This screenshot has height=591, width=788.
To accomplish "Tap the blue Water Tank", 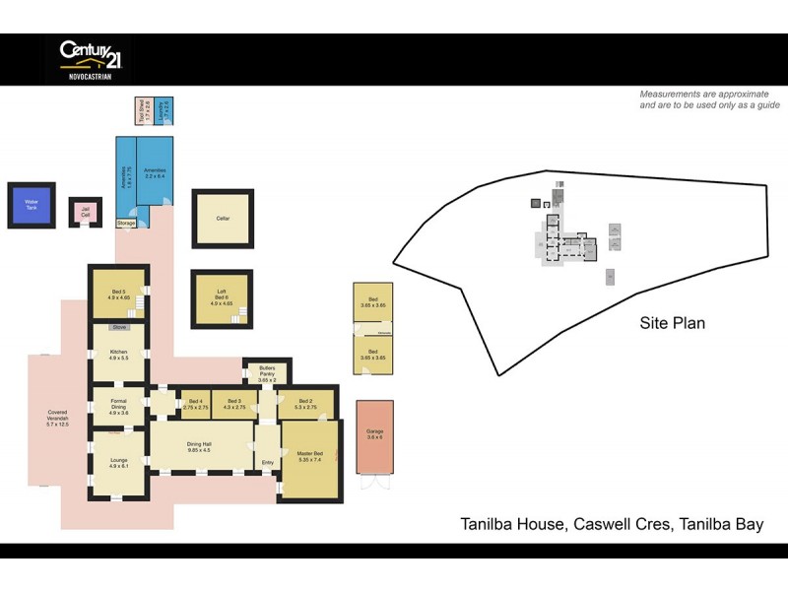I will pyautogui.click(x=31, y=205).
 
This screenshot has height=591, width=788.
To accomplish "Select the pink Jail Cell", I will pyautogui.click(x=85, y=211).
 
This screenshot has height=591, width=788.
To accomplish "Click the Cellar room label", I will pyautogui.click(x=223, y=218).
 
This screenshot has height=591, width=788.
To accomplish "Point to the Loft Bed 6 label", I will pyautogui.click(x=222, y=297).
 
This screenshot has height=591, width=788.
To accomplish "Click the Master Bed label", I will pyautogui.click(x=310, y=456).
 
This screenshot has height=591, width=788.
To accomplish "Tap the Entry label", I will pyautogui.click(x=267, y=462).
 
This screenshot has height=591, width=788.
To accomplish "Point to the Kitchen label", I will pyautogui.click(x=118, y=355).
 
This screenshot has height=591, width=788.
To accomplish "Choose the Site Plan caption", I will pyautogui.click(x=672, y=322).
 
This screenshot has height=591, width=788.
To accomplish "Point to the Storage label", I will pyautogui.click(x=126, y=224).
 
